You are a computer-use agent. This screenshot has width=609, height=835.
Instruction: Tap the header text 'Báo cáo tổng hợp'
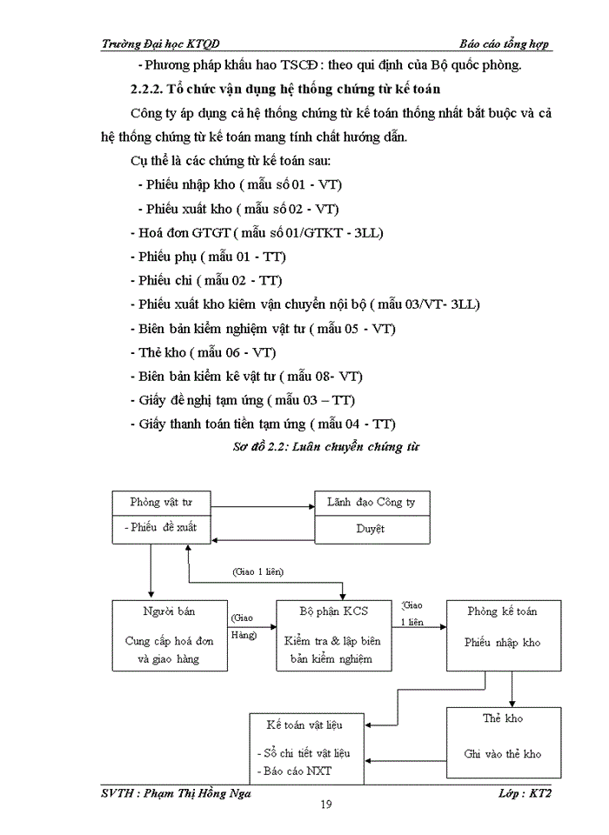pyautogui.click(x=505, y=44)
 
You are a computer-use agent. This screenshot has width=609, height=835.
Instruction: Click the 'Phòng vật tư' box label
pyautogui.click(x=161, y=502)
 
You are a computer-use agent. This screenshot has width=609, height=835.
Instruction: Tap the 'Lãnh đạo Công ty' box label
pyautogui.click(x=371, y=502)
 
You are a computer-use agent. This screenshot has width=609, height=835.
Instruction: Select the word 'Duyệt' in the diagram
pyautogui.click(x=371, y=528)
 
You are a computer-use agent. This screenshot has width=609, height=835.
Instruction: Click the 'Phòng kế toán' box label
pyautogui.click(x=502, y=611)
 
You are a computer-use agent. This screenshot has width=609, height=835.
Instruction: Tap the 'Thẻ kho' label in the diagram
pyautogui.click(x=502, y=718)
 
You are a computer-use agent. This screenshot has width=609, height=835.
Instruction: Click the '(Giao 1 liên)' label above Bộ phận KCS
pyautogui.click(x=258, y=571)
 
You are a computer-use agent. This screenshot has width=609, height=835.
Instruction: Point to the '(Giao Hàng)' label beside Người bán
pyautogui.click(x=244, y=626)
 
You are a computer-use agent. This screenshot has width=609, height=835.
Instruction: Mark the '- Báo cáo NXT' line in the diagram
pyautogui.click(x=294, y=772)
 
